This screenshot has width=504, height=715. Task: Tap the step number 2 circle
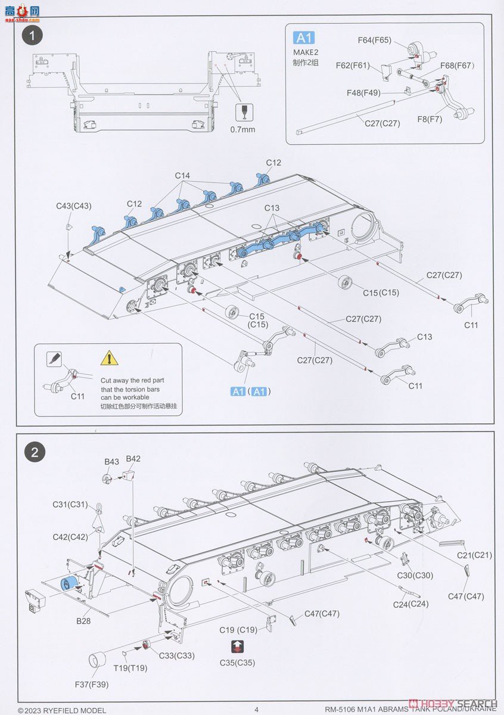coord(34,452)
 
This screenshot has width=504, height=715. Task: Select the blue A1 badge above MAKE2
coord(303,38)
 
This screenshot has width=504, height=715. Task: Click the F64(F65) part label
coord(374,40)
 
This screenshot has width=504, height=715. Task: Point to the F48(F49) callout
coord(363,93)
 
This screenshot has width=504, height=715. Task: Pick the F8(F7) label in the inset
coord(430,119)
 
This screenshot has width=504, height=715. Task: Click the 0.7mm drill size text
coord(242,129)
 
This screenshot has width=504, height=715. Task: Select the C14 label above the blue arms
coord(182,176)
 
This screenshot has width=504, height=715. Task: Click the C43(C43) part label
coord(73,206)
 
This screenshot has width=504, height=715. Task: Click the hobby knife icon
coord(54,359)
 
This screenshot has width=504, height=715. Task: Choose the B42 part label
coord(133,459)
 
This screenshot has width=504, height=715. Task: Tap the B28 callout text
coord(83,620)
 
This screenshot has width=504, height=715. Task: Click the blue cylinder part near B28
coord(70,585)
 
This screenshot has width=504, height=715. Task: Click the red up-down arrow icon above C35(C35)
coord(237,648)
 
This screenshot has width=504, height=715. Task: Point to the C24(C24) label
coord(411,604)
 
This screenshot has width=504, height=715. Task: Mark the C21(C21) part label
coord(474,555)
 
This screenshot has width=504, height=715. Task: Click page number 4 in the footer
coord(256,709)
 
